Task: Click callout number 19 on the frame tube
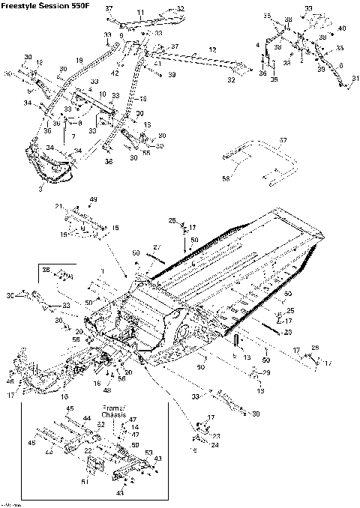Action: [x=79, y=60]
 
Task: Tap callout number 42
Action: [x=115, y=73]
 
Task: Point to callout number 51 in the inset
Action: [x=84, y=481]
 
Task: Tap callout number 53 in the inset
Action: [x=148, y=453]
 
